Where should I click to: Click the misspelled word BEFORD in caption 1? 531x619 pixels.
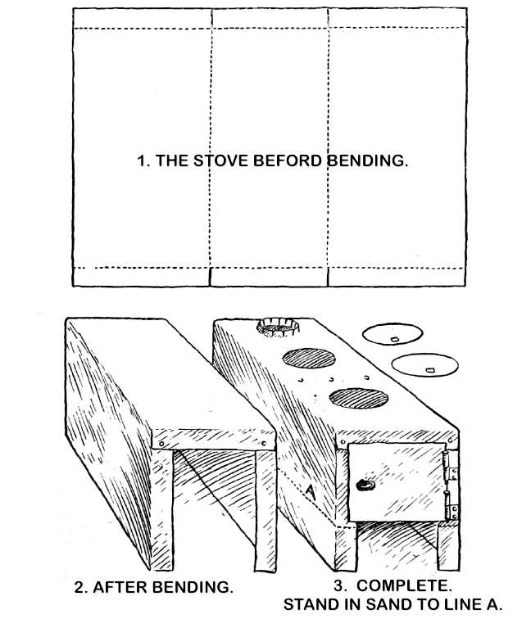point(288,160)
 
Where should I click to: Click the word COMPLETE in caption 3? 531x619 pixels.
point(404,585)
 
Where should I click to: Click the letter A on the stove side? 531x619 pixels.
point(311,491)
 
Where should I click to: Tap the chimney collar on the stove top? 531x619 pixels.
point(278,327)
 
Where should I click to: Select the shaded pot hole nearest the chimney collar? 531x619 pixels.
point(309,358)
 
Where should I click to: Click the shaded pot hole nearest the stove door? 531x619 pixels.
point(358,398)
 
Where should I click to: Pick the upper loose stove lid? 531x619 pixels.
point(393,334)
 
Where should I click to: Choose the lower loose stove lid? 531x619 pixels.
point(424,365)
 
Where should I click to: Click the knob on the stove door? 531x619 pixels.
point(365,485)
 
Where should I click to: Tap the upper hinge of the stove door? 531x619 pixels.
point(450,466)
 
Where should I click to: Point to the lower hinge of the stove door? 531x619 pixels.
point(451,506)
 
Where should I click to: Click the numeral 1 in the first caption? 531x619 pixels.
point(142,161)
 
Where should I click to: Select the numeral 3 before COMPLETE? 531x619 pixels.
point(338,585)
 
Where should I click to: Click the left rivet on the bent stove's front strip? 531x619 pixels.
point(161,444)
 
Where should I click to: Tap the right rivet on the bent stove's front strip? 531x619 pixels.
point(265,443)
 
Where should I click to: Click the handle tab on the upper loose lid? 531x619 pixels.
point(393,339)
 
